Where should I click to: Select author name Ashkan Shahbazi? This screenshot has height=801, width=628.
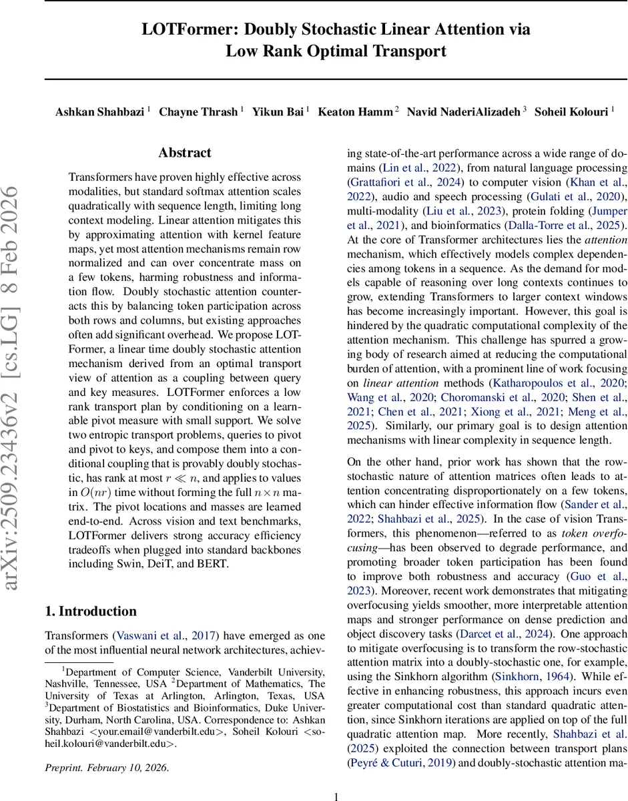point(100,111)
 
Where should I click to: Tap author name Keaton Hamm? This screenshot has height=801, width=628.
point(356,111)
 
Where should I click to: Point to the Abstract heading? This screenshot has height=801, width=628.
point(185,153)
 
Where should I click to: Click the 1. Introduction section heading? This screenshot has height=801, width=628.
point(90,611)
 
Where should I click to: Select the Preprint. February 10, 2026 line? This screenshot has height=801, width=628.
point(107,768)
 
